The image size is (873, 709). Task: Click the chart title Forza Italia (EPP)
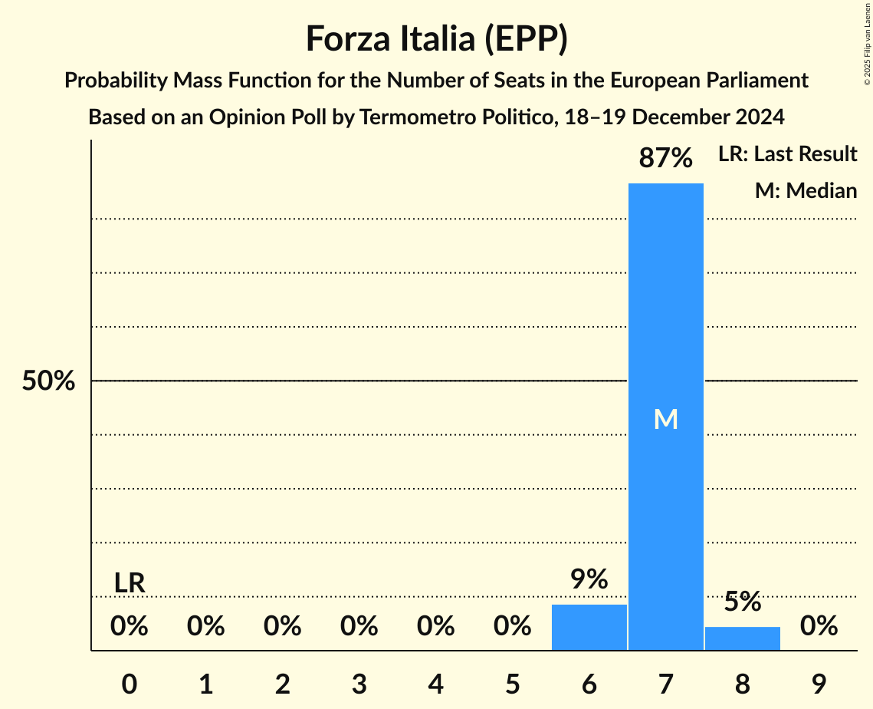tap(436, 38)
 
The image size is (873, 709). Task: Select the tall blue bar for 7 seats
tap(665, 307)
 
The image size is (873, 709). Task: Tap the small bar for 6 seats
tap(589, 627)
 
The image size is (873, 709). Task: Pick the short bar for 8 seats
tap(742, 638)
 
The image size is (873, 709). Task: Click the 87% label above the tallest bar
tap(665, 158)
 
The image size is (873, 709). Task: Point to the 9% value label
tap(589, 579)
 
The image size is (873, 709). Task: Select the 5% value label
tap(742, 602)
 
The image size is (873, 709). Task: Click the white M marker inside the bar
tap(665, 419)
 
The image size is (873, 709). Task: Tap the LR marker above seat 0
tap(130, 583)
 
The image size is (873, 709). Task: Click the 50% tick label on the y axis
tap(48, 381)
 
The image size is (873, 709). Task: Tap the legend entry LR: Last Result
tap(787, 154)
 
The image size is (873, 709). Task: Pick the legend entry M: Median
tap(806, 190)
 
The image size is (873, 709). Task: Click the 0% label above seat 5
tap(512, 626)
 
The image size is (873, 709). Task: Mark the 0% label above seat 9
tap(819, 626)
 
